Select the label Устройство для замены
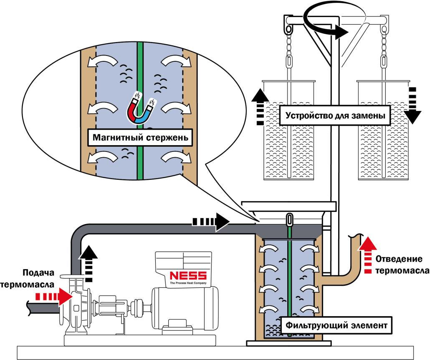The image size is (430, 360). pos(335,116)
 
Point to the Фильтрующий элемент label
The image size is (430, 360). pos(336,325)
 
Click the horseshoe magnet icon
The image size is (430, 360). pos(141,110)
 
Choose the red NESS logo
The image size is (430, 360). pos(188,276)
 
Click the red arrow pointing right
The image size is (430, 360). pos(54,296)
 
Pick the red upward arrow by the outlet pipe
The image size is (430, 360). pos(367,254)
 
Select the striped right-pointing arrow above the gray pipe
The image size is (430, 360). pos(211,221)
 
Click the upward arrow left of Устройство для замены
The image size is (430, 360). pos(260,106)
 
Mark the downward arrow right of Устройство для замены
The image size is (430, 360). pos(412,105)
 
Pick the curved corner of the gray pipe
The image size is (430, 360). pos(79,234)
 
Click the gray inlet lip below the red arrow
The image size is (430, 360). pos(44,308)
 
